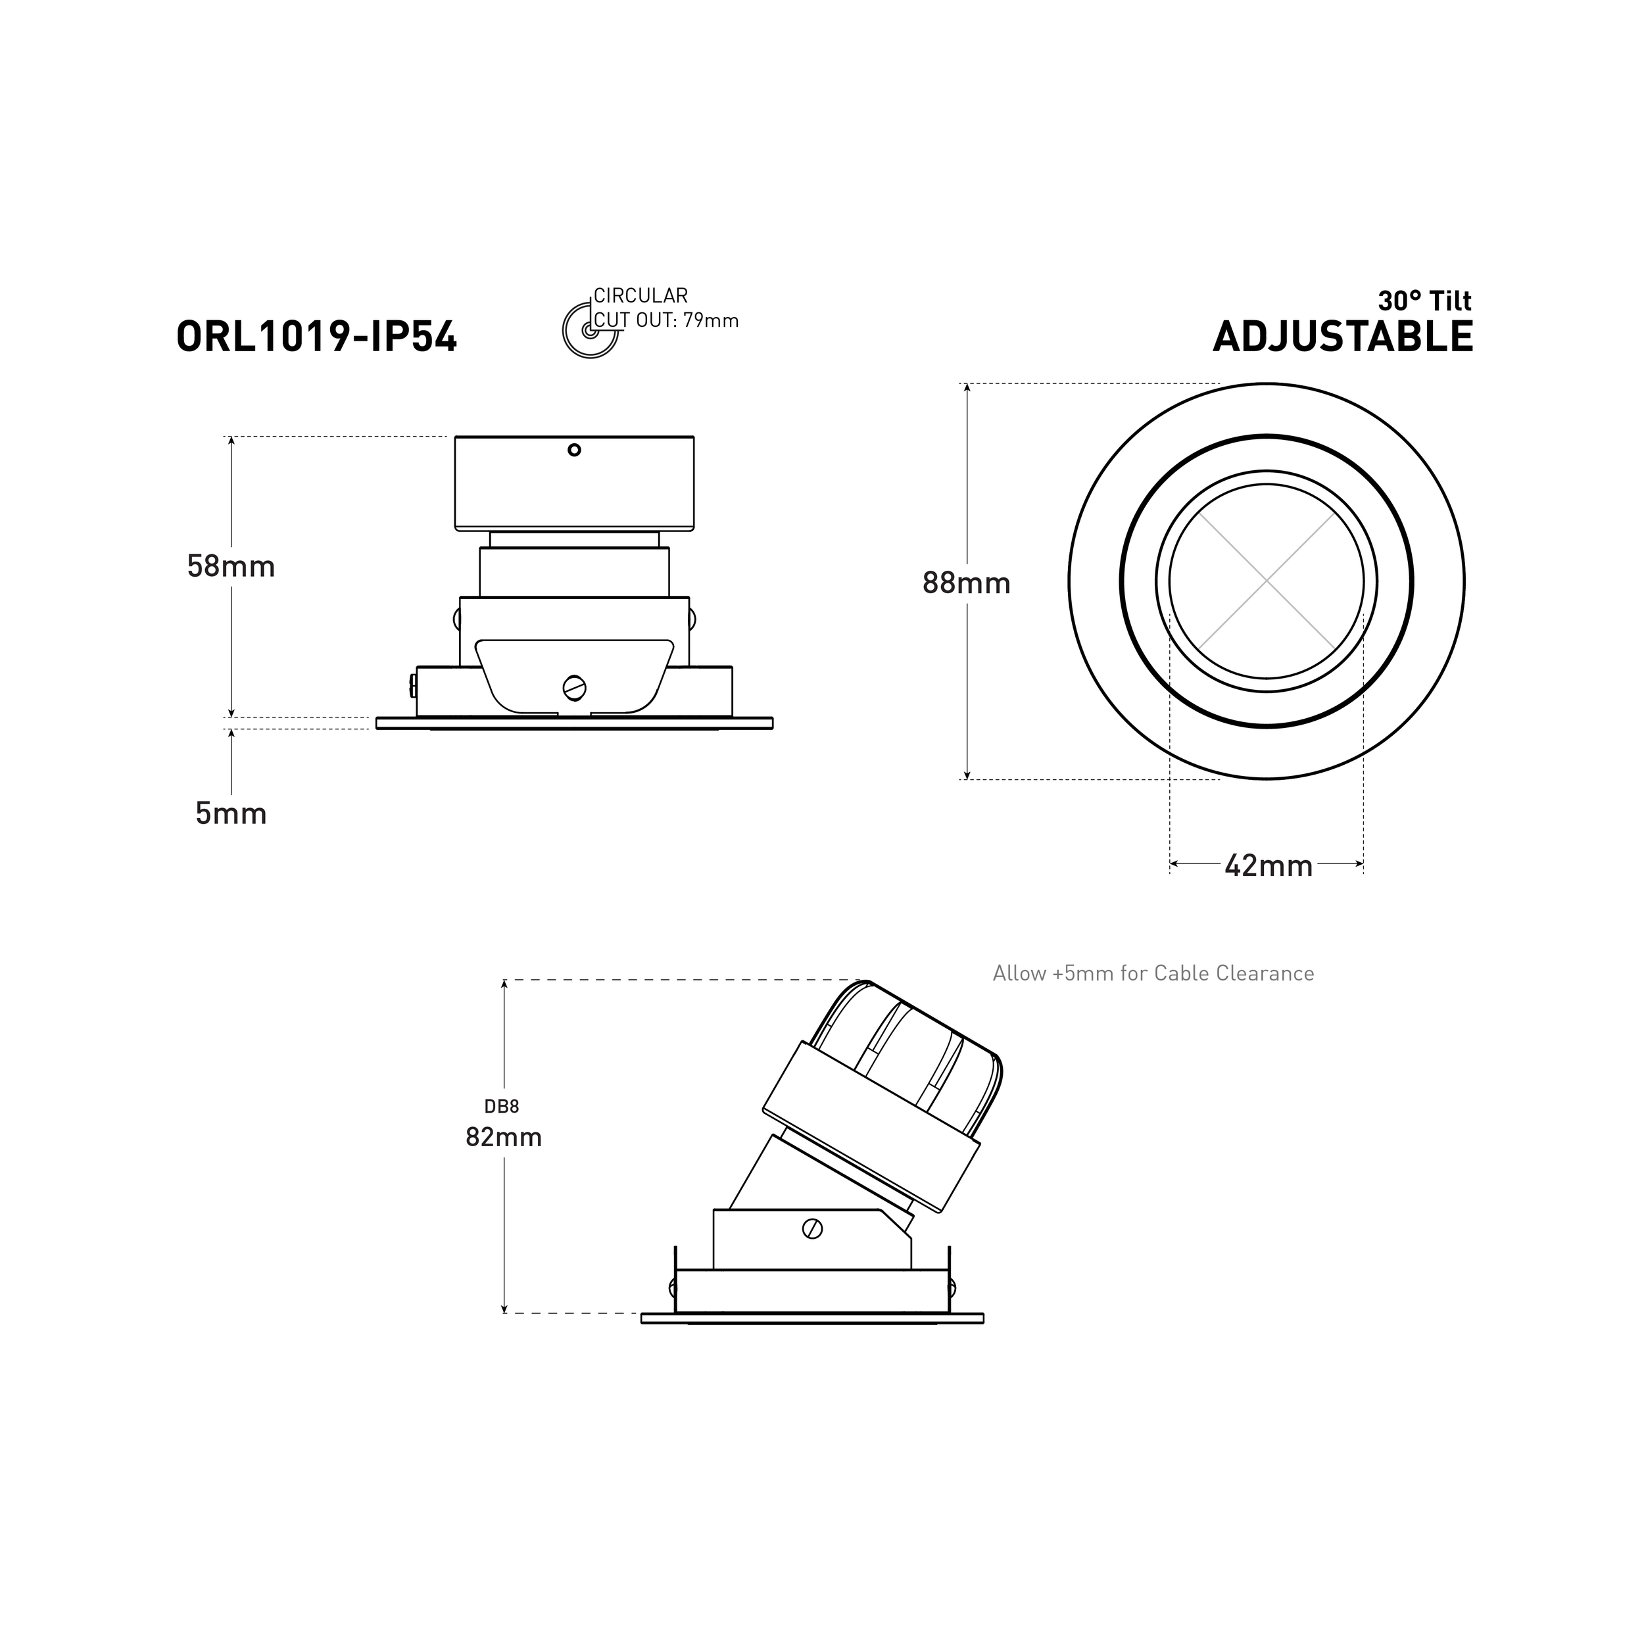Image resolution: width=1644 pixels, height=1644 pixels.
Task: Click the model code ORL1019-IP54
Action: [x=316, y=337]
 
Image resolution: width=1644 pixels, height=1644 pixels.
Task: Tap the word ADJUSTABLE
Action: [x=1342, y=337]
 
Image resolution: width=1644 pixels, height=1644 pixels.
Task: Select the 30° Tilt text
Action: [x=1424, y=301]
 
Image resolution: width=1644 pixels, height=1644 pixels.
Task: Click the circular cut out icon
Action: [x=589, y=329]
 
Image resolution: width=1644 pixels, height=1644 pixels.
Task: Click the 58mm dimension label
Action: [x=231, y=567]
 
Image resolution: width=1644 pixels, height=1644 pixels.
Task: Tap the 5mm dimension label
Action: [x=231, y=813]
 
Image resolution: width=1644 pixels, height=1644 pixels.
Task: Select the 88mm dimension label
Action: [x=966, y=583]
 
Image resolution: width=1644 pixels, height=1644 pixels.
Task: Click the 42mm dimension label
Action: [x=1268, y=866]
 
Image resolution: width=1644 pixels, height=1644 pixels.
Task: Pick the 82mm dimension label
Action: [x=503, y=1137]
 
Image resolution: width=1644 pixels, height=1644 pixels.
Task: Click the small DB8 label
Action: [x=501, y=1107]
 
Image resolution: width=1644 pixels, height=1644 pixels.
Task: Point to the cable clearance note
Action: [x=1152, y=973]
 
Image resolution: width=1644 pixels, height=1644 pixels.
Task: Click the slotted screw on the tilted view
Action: [x=811, y=1229]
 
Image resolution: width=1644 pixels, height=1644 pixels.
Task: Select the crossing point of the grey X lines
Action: [x=1266, y=581]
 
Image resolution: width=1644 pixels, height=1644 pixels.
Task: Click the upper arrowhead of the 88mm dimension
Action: [x=967, y=388]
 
